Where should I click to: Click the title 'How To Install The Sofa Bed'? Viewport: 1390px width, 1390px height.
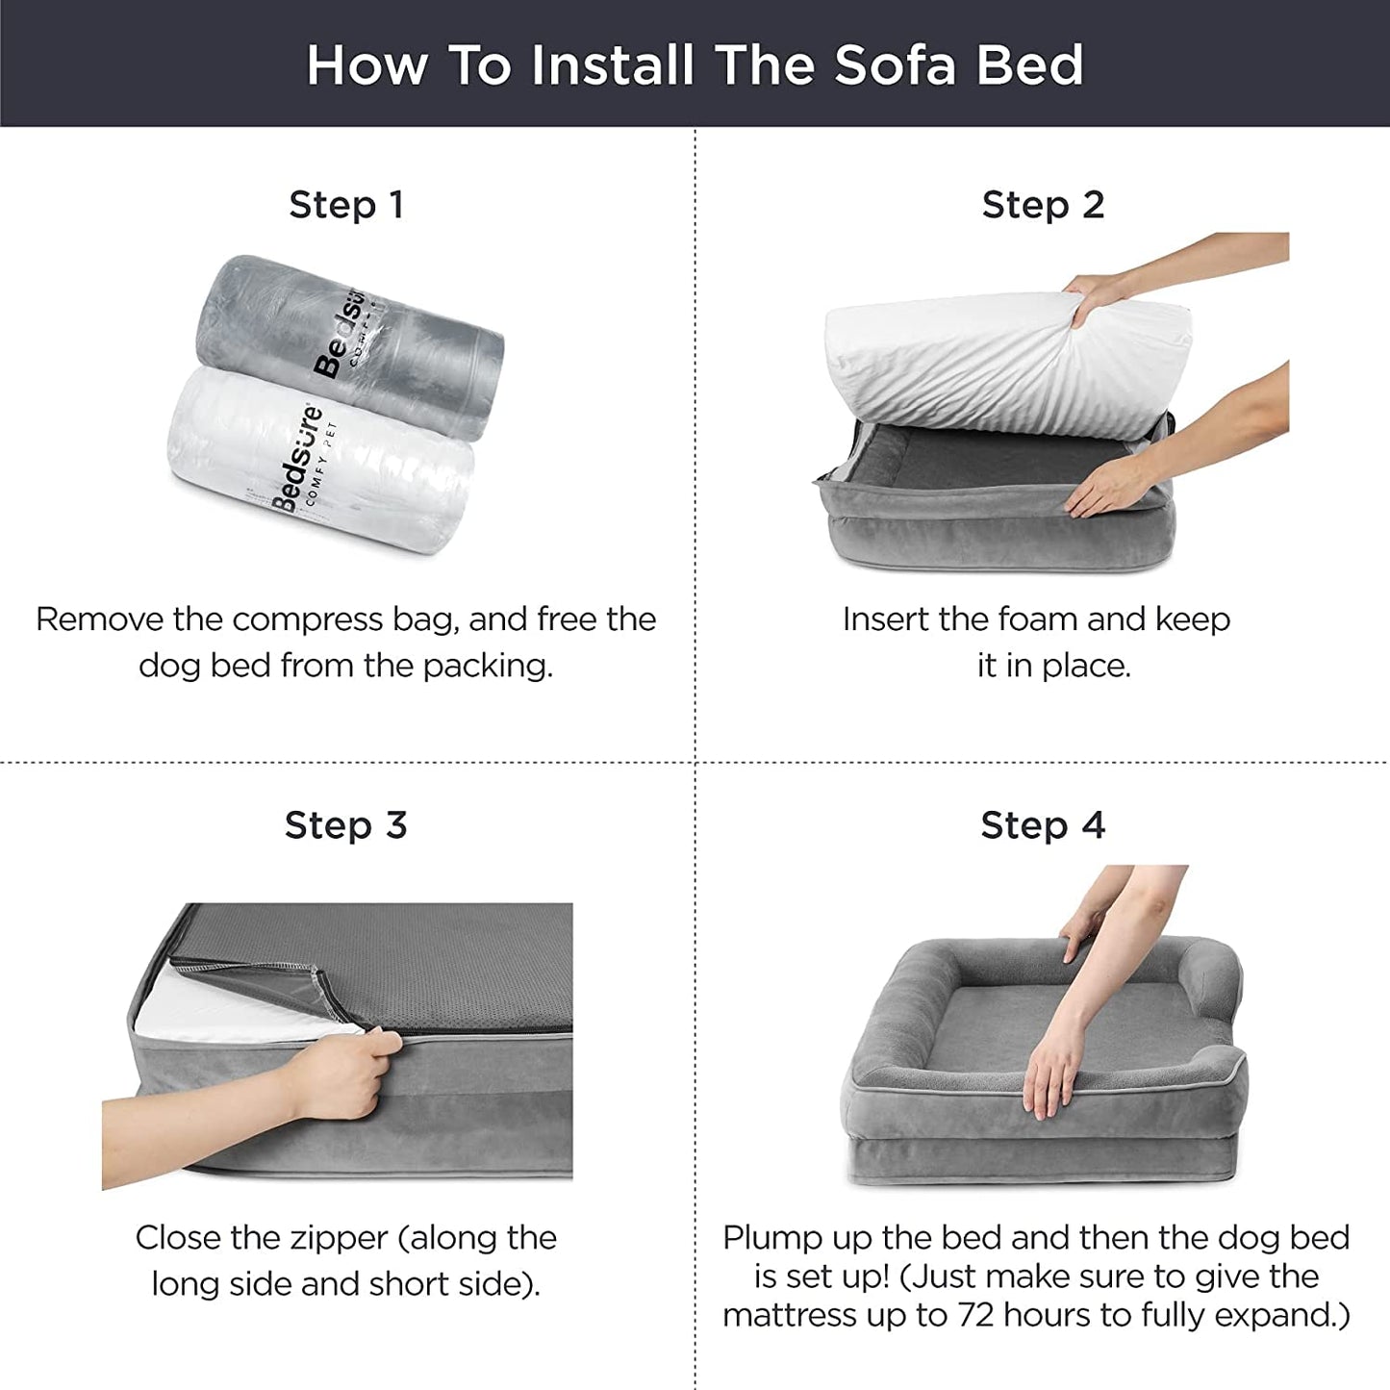tap(695, 64)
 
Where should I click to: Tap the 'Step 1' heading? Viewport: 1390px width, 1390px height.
tap(346, 205)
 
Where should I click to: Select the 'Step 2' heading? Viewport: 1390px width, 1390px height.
tap(1043, 205)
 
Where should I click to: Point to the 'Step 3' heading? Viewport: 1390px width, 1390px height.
tap(346, 825)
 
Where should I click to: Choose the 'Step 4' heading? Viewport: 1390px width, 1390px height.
tap(1043, 825)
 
